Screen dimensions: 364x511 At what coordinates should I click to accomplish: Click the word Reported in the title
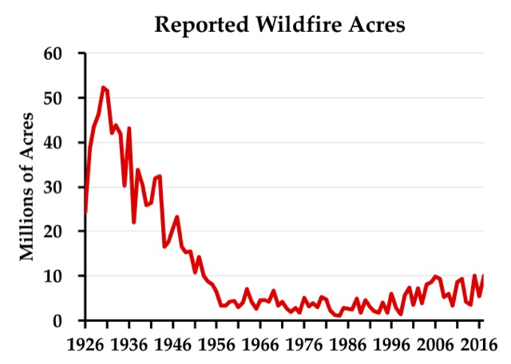click(x=193, y=25)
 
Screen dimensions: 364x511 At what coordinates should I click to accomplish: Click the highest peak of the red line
click(x=103, y=87)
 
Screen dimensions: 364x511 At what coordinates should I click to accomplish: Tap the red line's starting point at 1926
click(x=85, y=213)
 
